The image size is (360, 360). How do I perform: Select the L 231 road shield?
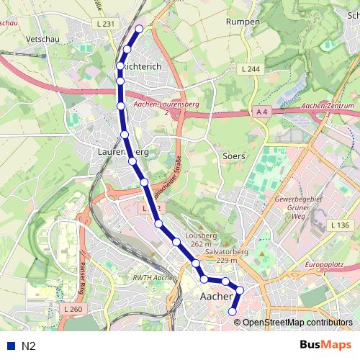(105, 24)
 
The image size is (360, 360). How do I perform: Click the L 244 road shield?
(250, 68)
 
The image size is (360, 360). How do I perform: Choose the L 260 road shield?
(74, 309)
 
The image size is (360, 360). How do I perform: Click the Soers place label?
(235, 156)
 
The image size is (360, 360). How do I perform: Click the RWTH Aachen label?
(156, 278)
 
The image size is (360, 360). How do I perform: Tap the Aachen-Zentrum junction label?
(328, 109)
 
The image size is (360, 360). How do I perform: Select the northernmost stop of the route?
(140, 29)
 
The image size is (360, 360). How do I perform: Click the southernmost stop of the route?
(233, 311)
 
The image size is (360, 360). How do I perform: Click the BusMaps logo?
(325, 345)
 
